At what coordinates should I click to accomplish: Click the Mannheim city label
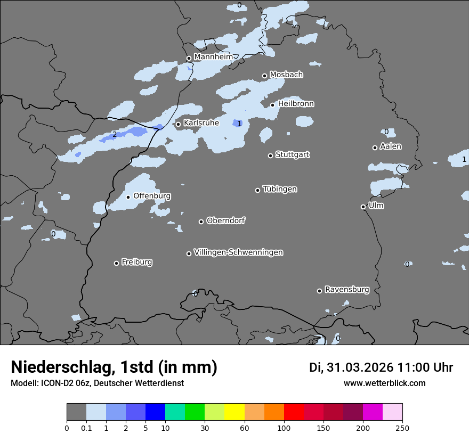tap(213, 56)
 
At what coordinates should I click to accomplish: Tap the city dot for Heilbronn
tap(272, 105)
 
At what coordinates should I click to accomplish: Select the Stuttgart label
tap(292, 154)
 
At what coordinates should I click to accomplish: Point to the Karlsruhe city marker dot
tap(179, 125)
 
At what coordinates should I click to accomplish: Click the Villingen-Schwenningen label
tap(238, 252)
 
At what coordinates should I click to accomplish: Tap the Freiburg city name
tap(136, 262)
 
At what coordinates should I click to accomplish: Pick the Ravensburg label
tap(347, 290)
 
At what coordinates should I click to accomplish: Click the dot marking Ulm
tap(363, 207)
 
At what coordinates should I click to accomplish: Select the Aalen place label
tap(391, 146)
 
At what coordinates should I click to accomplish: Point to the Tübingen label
tap(280, 189)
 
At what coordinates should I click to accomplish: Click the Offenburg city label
tap(152, 196)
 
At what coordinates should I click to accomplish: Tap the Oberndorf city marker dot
tap(201, 222)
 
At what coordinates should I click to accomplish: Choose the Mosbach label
tap(286, 75)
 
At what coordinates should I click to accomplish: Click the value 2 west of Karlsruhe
tap(114, 134)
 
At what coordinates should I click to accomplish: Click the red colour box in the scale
tap(294, 412)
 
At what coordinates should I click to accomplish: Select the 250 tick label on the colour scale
tap(402, 428)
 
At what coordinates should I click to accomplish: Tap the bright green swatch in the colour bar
tap(195, 412)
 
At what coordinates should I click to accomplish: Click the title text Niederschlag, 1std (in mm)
tap(114, 367)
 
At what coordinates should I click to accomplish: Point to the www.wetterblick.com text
tap(384, 383)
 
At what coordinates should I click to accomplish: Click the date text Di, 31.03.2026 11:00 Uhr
tap(381, 367)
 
